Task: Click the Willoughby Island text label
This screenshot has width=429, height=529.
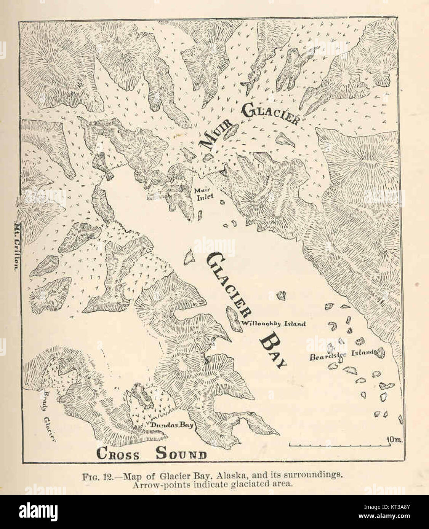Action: [274, 324]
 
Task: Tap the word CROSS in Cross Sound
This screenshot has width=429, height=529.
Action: [117, 454]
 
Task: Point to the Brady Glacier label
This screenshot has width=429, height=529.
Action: [50, 416]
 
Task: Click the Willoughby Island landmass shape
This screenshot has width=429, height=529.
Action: [231, 319]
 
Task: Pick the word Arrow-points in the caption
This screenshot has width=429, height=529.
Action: [152, 484]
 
